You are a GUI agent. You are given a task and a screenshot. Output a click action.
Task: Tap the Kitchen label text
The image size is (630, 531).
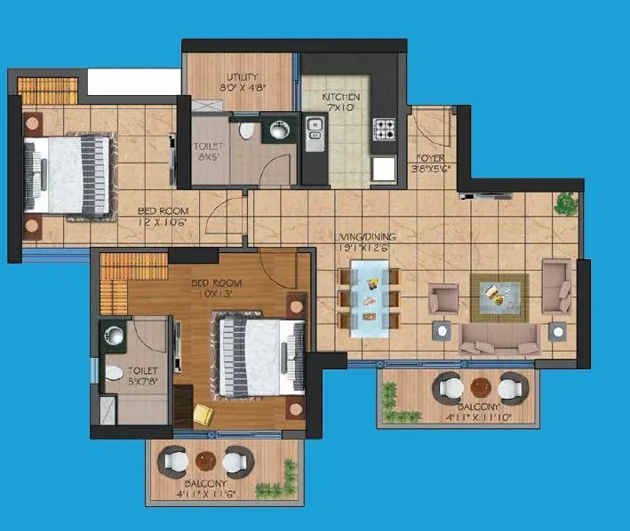click(x=341, y=96)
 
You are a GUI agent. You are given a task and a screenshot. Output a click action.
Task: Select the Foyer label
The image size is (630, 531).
click(x=430, y=158)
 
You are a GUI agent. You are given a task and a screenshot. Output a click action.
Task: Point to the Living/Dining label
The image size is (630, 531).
click(x=365, y=237)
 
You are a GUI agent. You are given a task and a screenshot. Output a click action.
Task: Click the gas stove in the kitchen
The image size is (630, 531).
click(x=384, y=131)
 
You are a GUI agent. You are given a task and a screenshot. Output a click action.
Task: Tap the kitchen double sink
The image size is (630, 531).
click(x=314, y=132)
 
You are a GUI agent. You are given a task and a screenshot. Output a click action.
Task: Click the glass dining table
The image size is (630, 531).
click(x=368, y=297)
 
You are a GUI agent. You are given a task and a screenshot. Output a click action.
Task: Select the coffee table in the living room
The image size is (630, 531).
click(x=498, y=294)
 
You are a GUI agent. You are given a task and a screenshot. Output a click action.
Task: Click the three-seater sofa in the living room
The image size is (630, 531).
click(x=498, y=338)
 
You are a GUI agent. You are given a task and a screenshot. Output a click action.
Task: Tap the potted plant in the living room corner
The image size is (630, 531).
click(x=564, y=204)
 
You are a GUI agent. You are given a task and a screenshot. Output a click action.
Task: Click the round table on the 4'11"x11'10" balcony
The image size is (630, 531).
click(x=480, y=387)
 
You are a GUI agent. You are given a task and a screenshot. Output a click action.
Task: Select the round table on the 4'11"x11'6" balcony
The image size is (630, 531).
click(x=206, y=461)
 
